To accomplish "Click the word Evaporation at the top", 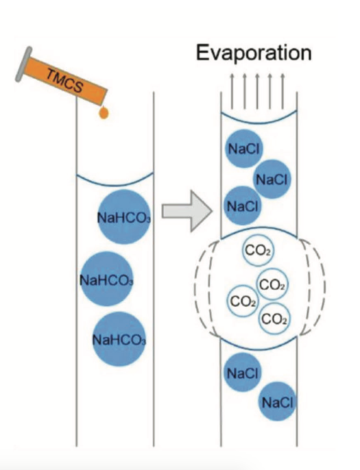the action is [x=254, y=53].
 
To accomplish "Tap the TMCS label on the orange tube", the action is [x=64, y=80].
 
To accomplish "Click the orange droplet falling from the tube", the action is [x=104, y=113].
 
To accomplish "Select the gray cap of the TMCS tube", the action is [x=23, y=64].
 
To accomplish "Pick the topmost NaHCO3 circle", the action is [x=125, y=217].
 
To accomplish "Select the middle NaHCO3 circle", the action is [x=106, y=279].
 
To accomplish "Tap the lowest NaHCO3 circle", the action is [x=119, y=339].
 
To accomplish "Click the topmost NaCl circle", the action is [x=244, y=149].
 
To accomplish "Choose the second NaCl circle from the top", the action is [x=272, y=179].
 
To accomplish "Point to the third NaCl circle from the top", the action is [x=243, y=206].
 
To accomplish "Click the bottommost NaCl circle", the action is [x=277, y=401].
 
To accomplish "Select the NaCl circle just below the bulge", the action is [x=243, y=372].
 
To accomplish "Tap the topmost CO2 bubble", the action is [x=258, y=251].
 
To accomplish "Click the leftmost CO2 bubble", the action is [x=243, y=301].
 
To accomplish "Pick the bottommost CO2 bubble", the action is [x=274, y=318].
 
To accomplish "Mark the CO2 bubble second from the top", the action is [x=272, y=284].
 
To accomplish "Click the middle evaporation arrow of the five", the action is [x=258, y=91].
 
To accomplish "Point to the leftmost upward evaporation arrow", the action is [x=232, y=91].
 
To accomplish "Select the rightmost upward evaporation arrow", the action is [x=282, y=91].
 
